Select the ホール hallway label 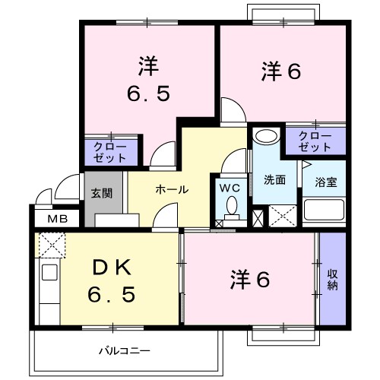point(171,190)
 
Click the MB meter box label point(58,219)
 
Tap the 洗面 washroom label point(274,180)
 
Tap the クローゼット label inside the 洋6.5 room point(110,150)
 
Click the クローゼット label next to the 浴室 point(314,139)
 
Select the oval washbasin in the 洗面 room point(266,138)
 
